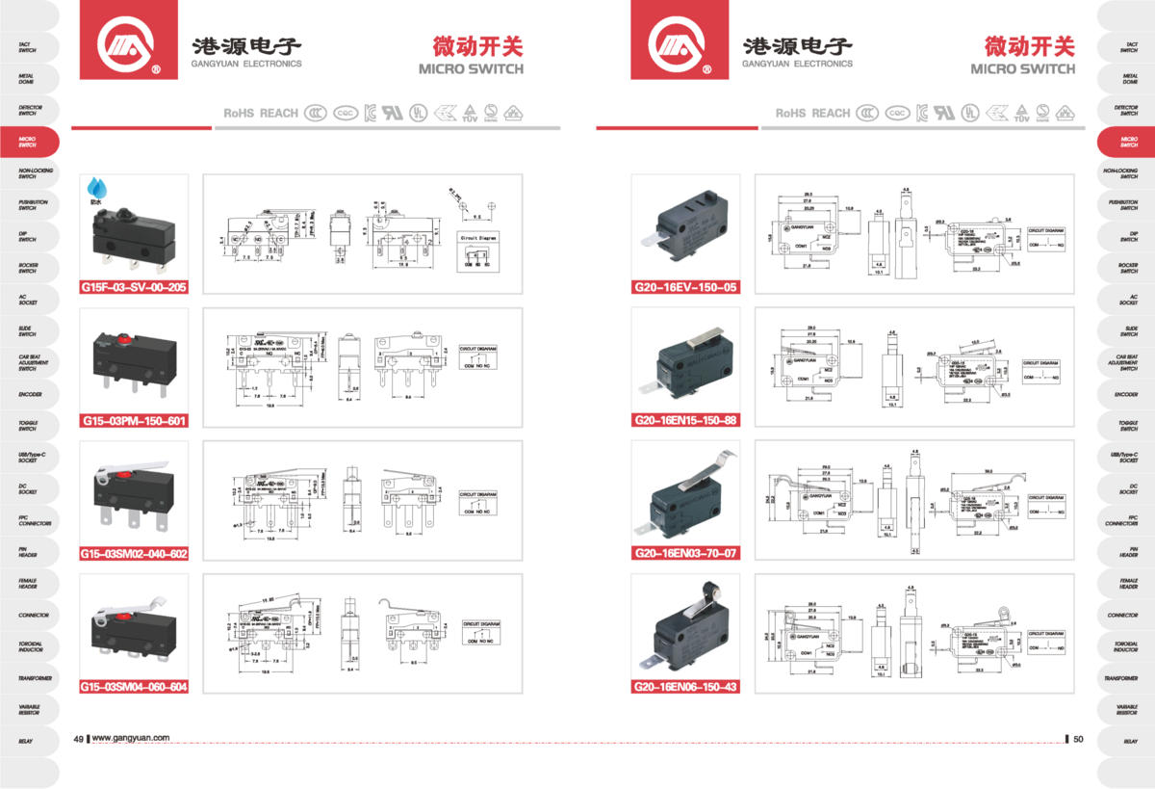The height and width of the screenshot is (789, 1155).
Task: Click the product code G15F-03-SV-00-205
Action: pyautogui.click(x=134, y=287)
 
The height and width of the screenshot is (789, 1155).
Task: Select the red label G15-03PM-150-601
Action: pyautogui.click(x=134, y=420)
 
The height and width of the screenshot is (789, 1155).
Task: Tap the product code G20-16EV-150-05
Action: pyautogui.click(x=685, y=287)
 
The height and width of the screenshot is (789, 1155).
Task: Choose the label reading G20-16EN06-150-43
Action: pyautogui.click(x=685, y=686)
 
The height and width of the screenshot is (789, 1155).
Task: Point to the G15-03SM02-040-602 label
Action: pyautogui.click(x=134, y=553)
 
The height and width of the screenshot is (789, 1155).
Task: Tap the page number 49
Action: pyautogui.click(x=79, y=739)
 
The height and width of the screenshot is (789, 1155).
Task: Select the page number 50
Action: pyautogui.click(x=1078, y=739)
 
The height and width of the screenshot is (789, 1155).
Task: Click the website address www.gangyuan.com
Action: pyautogui.click(x=131, y=739)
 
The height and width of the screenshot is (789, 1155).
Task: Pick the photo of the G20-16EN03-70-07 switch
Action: pyautogui.click(x=685, y=496)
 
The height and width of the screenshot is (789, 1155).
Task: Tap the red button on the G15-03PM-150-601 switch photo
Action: pyautogui.click(x=123, y=338)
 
